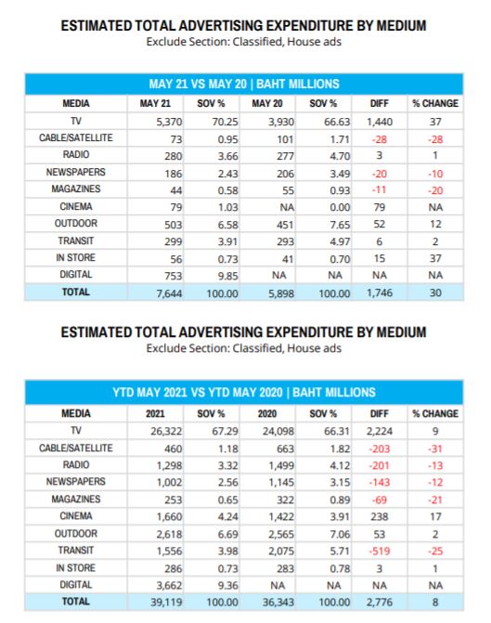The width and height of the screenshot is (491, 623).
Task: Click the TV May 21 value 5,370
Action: [169, 122]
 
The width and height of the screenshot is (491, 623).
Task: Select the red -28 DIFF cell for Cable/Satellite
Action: [379, 139]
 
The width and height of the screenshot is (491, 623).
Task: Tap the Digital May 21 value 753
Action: [174, 276]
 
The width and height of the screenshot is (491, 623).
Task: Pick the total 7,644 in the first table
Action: [169, 293]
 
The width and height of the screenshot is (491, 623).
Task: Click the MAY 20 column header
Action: [267, 104]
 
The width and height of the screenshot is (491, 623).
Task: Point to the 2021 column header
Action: [155, 413]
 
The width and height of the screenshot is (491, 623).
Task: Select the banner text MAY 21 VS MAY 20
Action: [198, 84]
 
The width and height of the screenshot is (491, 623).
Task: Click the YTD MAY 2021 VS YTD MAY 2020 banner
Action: [244, 393]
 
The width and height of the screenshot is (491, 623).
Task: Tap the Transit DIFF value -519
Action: [380, 552]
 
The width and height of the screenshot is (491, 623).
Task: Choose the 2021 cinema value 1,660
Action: [169, 516]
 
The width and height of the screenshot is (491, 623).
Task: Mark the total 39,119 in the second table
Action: [166, 603]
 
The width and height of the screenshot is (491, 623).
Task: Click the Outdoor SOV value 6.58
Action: [227, 225]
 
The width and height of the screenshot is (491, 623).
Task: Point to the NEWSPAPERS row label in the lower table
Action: [75, 482]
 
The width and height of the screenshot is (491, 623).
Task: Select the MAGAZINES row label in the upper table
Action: [75, 189]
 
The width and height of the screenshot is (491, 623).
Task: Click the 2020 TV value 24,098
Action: [278, 431]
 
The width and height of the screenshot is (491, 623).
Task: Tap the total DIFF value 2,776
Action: [380, 603]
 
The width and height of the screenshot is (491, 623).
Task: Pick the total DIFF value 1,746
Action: [380, 293]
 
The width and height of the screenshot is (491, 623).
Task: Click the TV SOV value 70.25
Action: [225, 122]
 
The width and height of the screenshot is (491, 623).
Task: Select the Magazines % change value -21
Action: [435, 500]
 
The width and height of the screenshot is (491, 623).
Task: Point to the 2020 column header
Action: [267, 413]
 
